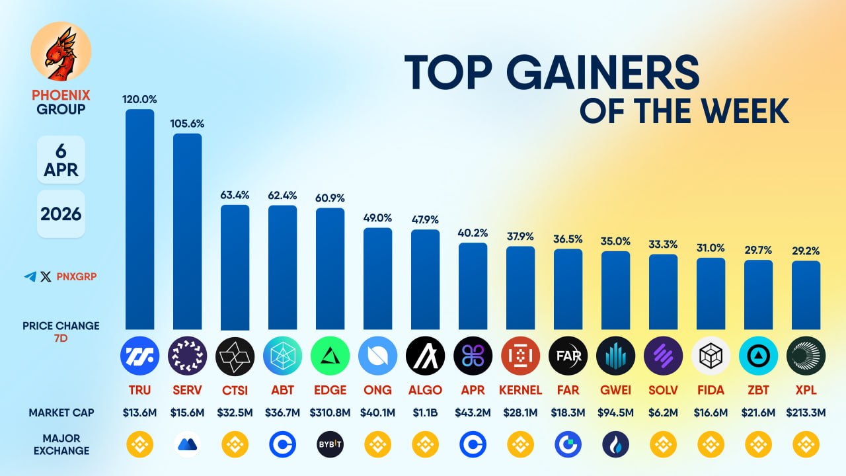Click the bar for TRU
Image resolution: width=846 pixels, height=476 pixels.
click(x=139, y=219)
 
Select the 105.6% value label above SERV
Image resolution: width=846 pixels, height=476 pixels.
click(x=188, y=124)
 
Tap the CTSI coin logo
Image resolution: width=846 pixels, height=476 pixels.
click(x=235, y=356)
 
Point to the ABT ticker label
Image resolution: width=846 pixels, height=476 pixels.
click(x=282, y=390)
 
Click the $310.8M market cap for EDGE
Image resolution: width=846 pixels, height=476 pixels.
click(x=330, y=413)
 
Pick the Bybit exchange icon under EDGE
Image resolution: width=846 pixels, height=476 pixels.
click(x=330, y=445)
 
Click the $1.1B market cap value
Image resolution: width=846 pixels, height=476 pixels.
click(x=425, y=413)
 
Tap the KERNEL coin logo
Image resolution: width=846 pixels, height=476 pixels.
click(x=520, y=356)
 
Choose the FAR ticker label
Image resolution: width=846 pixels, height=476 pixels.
click(x=568, y=390)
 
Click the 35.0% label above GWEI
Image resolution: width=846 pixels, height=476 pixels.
click(x=615, y=241)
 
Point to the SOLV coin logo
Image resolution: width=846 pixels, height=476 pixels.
click(x=663, y=356)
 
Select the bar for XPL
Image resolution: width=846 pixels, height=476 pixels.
click(x=806, y=295)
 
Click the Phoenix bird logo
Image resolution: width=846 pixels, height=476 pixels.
click(x=61, y=52)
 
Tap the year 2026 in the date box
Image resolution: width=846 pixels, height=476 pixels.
click(x=61, y=214)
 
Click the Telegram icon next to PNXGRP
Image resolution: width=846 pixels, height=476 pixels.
click(x=30, y=277)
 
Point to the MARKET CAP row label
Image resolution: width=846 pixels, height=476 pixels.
click(x=61, y=413)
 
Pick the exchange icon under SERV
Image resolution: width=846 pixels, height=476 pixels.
click(x=188, y=445)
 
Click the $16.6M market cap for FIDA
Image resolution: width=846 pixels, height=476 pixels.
click(x=711, y=413)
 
